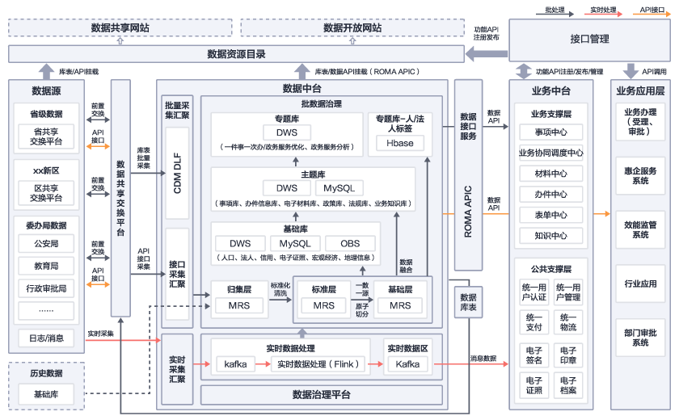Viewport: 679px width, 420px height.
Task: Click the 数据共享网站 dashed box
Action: tap(120, 28)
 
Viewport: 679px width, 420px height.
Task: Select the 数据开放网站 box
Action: tap(352, 28)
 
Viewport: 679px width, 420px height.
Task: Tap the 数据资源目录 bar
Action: tap(236, 54)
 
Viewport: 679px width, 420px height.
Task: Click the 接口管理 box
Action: tap(589, 39)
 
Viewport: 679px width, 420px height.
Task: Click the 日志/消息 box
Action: tap(46, 338)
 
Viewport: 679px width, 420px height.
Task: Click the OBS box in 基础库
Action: tap(350, 243)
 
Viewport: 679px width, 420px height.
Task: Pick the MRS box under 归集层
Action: tap(238, 306)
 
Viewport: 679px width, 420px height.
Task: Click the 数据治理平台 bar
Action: tap(321, 395)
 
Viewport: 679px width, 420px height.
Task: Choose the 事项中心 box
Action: tap(550, 132)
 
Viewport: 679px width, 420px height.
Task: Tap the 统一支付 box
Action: tap(534, 322)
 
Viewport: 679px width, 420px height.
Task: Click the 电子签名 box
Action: tap(534, 355)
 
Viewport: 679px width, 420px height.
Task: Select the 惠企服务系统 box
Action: tap(640, 176)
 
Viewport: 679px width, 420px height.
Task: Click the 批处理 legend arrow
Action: tap(555, 11)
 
